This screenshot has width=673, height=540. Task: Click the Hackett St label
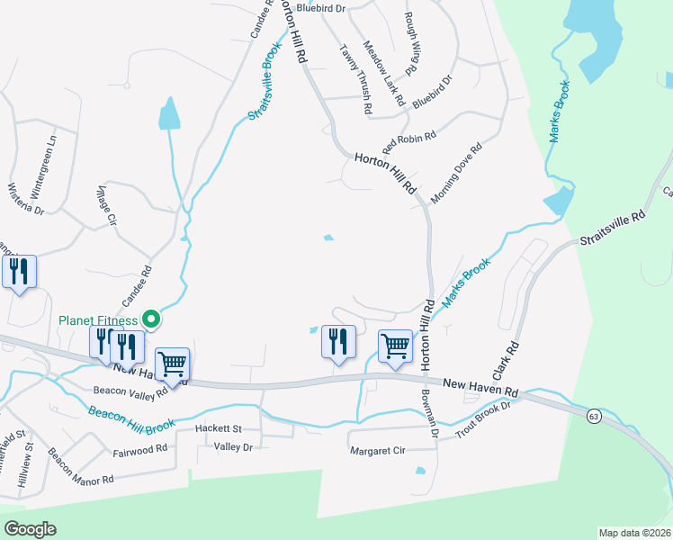point(220,429)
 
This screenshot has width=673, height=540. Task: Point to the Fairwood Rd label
point(140,448)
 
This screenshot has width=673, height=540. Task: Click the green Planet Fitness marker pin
point(152,319)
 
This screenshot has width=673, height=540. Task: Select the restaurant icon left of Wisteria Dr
point(19,272)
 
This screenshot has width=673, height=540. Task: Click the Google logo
point(31,529)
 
